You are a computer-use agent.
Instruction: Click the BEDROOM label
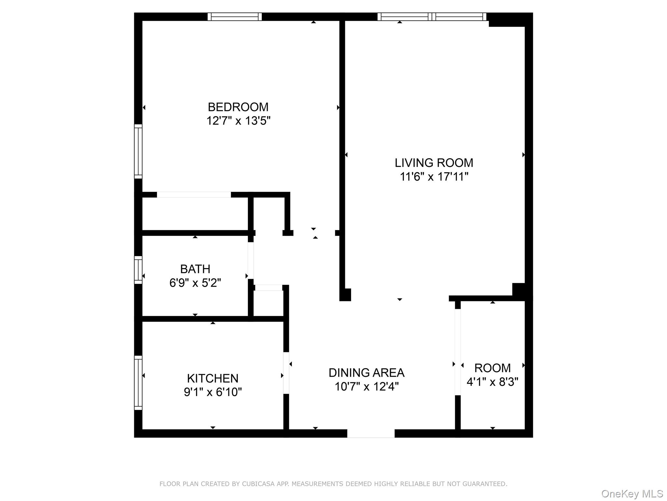238,107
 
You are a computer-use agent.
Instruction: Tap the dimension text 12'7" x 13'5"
238,121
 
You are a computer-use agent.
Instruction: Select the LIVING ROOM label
434,163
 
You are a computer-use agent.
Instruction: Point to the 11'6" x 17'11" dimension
434,177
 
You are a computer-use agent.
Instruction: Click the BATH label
195,269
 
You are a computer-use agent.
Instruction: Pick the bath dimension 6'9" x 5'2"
195,283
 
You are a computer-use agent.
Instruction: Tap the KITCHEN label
213,378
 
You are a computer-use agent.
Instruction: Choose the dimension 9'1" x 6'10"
213,392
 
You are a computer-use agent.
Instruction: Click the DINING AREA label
366,372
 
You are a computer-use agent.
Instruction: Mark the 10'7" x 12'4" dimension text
366,387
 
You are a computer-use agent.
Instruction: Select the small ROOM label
492,368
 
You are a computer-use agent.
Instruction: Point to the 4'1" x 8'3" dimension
492,382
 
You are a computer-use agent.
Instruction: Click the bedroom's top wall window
234,17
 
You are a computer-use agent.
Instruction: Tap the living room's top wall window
432,17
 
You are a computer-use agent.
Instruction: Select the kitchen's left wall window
138,383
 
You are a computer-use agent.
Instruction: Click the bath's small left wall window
138,270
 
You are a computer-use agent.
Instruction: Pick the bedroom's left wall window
138,151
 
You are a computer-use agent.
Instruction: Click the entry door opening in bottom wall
371,433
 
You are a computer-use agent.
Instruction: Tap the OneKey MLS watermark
632,494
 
